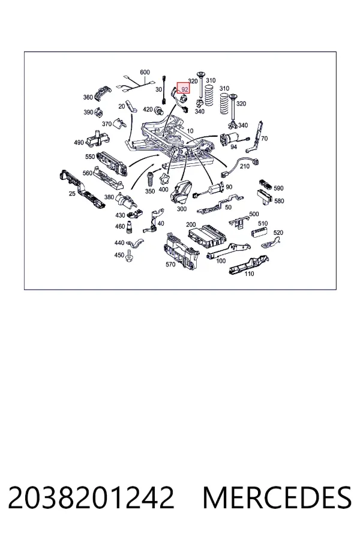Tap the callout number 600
145,73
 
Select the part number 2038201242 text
91,497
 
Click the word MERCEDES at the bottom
277,497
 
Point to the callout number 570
170,265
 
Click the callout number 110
249,274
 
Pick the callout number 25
71,194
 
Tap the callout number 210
244,166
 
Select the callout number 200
191,224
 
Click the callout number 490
79,142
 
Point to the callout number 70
264,139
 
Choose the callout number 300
182,209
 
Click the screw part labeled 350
151,178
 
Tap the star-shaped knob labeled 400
164,179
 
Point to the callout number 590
278,188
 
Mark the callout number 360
88,97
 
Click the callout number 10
190,131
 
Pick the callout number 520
278,233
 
